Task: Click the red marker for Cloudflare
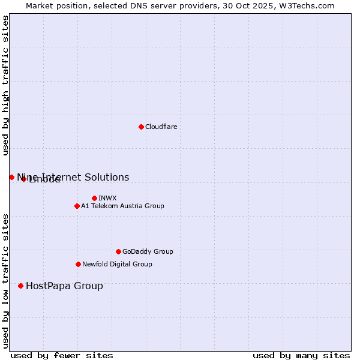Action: tap(141, 127)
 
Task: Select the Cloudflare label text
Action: tap(161, 127)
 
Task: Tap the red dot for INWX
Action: tap(94, 198)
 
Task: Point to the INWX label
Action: tap(107, 198)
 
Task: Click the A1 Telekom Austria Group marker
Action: tap(77, 206)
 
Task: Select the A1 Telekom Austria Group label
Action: tap(122, 206)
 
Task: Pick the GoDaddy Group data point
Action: tap(118, 251)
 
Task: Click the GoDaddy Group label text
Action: tap(148, 251)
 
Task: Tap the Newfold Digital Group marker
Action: tap(78, 264)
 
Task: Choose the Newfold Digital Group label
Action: tap(117, 264)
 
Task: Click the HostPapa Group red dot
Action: tap(20, 286)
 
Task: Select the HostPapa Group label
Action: tap(64, 286)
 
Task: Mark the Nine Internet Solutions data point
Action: tap(11, 177)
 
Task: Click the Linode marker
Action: tap(23, 179)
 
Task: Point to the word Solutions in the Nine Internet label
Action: tap(109, 177)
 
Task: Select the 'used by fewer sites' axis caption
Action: tap(62, 355)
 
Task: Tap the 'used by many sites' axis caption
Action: tap(301, 355)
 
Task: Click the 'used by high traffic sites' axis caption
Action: tap(6, 85)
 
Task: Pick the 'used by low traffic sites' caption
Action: tap(6, 281)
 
